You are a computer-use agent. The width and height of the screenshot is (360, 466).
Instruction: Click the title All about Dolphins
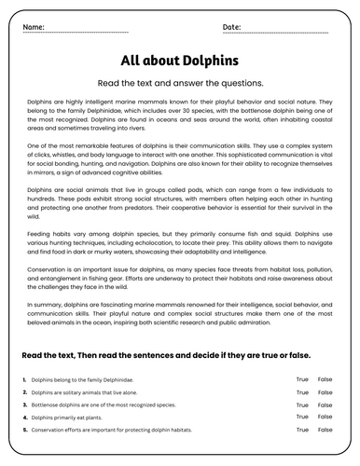point(180,61)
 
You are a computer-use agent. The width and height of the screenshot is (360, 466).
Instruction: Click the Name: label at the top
point(33,26)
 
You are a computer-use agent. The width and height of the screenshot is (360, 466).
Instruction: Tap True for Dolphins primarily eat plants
point(302,418)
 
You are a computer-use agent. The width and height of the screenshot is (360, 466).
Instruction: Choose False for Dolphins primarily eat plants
point(325,418)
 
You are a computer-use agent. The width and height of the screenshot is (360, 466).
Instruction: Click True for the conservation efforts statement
point(302,432)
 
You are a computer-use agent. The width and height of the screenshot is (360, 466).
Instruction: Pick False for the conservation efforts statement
point(325,432)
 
